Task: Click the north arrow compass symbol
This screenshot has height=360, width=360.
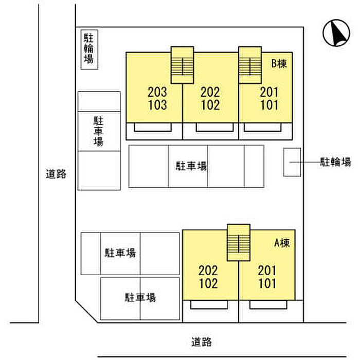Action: coord(336,33)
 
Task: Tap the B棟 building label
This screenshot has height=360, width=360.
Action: coord(279,64)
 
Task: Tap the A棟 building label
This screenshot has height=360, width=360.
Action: coord(282,243)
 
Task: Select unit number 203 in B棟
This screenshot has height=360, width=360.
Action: coord(157,92)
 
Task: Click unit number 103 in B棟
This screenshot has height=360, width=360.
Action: coord(157,105)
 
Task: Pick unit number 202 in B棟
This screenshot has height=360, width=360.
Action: coord(210,92)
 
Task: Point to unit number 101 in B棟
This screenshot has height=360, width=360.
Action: coord(269,105)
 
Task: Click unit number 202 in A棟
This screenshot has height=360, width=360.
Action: coord(208,271)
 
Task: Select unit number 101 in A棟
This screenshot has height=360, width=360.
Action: coord(267,283)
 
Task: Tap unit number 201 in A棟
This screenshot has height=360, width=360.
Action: coord(267,271)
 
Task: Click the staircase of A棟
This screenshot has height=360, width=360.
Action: coord(239,243)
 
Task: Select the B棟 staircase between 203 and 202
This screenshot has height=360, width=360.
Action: coord(182,65)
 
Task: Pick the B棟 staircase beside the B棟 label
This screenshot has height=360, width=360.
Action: coord(250,65)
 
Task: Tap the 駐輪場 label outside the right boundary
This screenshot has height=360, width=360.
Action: coord(335,162)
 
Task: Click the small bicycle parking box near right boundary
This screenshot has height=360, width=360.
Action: coord(292,162)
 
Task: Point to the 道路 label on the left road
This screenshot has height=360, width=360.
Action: coord(56,174)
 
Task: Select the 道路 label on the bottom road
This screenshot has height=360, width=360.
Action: coord(202,342)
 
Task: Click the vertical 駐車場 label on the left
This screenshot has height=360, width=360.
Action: coord(99,131)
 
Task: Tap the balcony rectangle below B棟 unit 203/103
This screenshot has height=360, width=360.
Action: coord(153,127)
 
